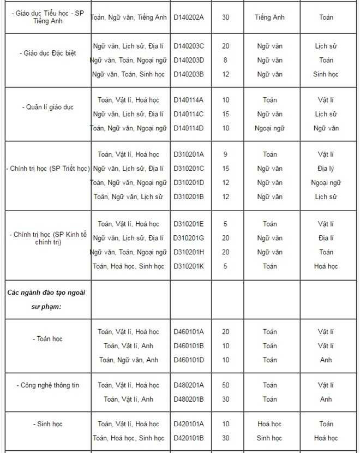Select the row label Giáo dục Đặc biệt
[x=50, y=53]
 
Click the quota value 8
[x=225, y=60]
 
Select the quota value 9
[x=225, y=154]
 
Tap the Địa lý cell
[x=326, y=169]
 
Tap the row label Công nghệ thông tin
[x=50, y=385]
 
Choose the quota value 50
[x=225, y=385]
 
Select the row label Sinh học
[x=50, y=424]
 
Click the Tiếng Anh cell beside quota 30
[x=269, y=17]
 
